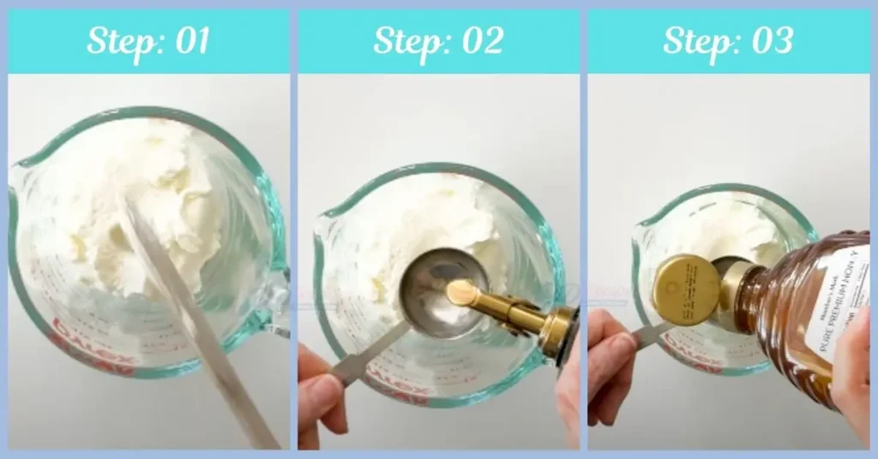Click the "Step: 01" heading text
pos(147,40)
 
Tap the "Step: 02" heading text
pos(438,40)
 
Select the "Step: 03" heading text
pos(728,40)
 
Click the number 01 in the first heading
pos(190,40)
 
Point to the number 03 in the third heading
pos(771,40)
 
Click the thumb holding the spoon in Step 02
pos(321,398)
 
